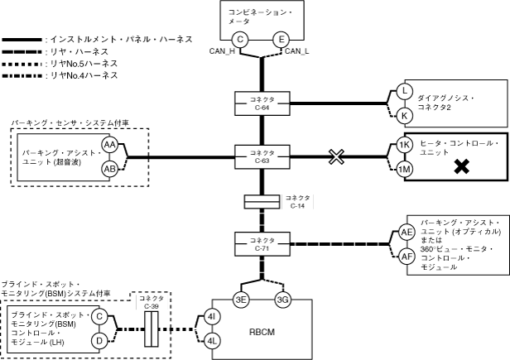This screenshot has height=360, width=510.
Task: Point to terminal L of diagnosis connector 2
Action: point(404,91)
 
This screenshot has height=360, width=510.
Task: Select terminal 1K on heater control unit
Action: point(404,145)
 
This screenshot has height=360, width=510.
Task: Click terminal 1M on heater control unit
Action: point(404,169)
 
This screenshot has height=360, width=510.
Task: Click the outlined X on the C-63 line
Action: point(336,156)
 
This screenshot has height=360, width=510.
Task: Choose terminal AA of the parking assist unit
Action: point(109,145)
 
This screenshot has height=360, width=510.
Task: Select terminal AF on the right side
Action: point(406,256)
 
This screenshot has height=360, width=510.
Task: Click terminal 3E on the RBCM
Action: point(242,299)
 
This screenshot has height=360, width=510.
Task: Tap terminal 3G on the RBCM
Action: point(282,299)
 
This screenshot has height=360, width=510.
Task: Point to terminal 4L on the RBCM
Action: point(213,339)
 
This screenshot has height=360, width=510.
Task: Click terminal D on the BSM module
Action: point(98,339)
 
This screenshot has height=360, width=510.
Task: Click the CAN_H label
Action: point(226,52)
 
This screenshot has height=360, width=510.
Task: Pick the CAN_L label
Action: point(298,52)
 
